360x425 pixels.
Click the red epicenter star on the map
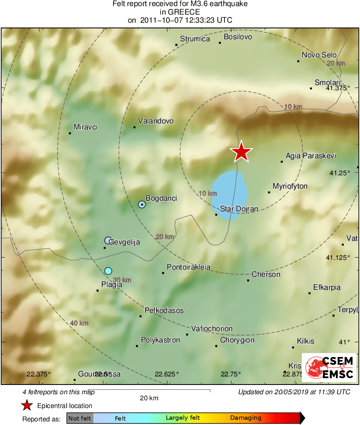tap(241, 152)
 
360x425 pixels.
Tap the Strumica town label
tap(195, 39)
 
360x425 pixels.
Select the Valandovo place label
tap(156, 121)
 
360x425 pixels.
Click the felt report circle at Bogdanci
tap(142, 204)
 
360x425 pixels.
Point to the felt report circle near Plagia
tap(108, 270)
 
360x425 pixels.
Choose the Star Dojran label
tap(239, 209)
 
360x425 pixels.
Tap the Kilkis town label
tap(305, 341)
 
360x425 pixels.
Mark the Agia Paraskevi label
tap(311, 155)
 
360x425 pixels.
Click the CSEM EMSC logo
tap(329, 368)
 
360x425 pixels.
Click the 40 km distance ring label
tap(79, 323)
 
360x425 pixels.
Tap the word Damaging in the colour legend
tap(246, 418)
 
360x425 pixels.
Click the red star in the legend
tap(27, 406)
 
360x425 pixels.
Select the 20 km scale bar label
tap(149, 398)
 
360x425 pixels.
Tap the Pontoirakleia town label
tap(188, 267)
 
